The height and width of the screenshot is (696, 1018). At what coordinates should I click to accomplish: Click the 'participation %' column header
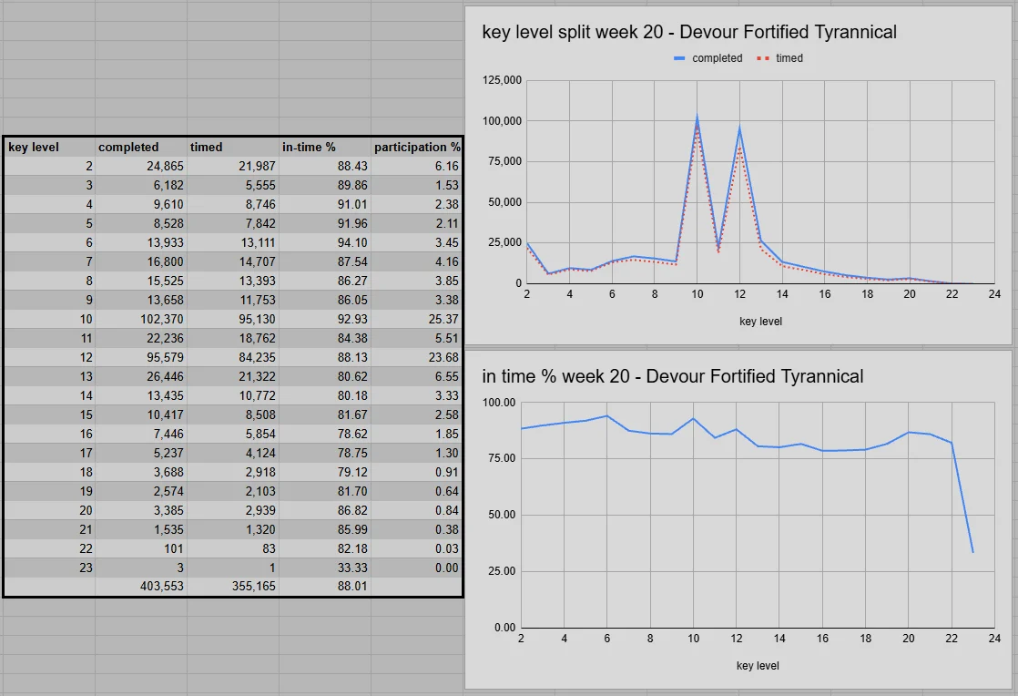click(417, 147)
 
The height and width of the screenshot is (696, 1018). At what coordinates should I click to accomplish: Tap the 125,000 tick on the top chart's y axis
click(502, 81)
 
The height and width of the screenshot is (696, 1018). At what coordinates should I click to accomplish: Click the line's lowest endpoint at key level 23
click(972, 552)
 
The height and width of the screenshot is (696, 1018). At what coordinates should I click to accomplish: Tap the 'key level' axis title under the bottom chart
click(758, 666)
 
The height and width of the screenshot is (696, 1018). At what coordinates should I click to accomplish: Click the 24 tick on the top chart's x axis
click(994, 295)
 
